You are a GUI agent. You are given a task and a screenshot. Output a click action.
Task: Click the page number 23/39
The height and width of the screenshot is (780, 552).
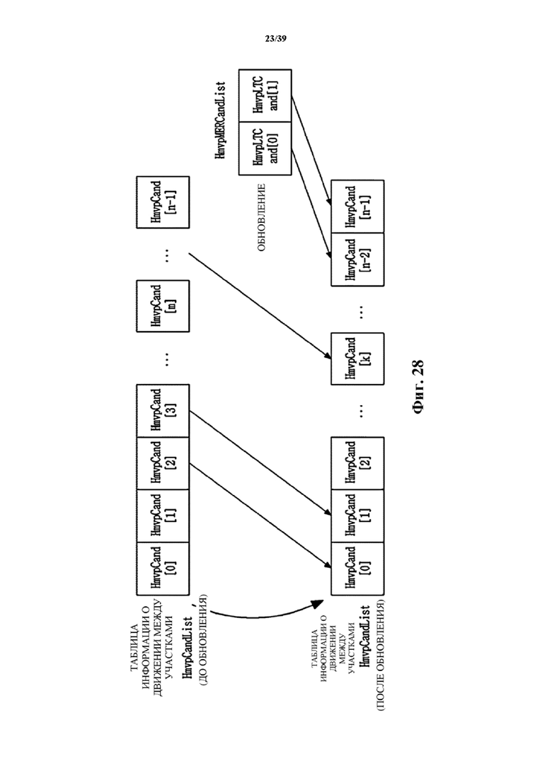pos(276,38)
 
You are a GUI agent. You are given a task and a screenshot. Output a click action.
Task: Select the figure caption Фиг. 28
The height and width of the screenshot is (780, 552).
pos(418,387)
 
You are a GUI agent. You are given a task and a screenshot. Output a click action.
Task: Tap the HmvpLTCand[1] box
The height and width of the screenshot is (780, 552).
pos(265,96)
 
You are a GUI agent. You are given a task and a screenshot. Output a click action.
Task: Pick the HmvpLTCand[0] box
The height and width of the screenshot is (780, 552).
pos(265,149)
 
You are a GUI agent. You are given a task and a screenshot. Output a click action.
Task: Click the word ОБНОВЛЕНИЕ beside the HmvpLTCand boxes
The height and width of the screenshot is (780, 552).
pos(262,217)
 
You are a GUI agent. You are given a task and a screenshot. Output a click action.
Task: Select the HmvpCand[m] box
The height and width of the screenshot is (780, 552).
pos(163,306)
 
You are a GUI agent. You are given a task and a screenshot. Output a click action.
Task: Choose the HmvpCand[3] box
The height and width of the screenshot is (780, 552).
pos(163,410)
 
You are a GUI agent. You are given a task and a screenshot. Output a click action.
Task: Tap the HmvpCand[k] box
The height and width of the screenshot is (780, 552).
pos(357,359)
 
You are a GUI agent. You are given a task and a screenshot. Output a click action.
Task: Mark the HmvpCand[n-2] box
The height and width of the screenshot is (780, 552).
pos(357,260)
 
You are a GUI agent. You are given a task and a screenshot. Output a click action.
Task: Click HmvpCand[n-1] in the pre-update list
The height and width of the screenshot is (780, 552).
pos(163,202)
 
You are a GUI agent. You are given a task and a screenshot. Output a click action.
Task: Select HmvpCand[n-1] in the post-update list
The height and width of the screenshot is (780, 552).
pos(357,206)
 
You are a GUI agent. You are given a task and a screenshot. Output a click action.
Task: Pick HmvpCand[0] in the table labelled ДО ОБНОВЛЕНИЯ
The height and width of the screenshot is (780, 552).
pos(163,569)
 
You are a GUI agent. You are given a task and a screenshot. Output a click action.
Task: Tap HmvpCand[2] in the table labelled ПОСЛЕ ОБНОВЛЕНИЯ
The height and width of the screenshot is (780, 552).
pos(357,463)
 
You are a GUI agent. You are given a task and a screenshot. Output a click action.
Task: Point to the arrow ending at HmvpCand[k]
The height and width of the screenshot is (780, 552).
pos(260,306)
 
